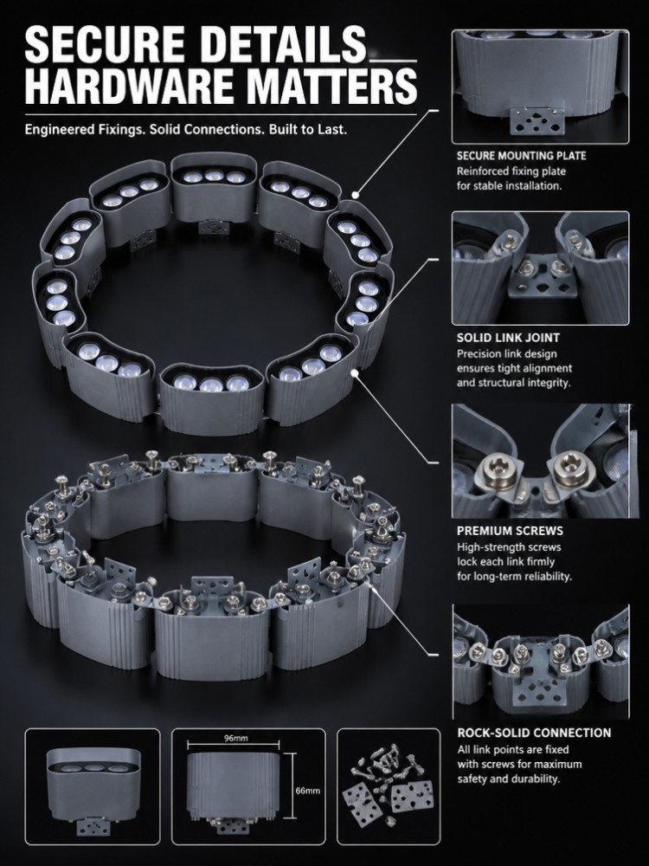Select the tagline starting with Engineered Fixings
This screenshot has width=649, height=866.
[186, 130]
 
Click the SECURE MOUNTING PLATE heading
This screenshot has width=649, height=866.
[521, 156]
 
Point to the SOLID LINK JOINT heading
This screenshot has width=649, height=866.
[508, 338]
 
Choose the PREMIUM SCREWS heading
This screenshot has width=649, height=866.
[510, 531]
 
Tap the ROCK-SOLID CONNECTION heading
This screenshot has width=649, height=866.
[534, 733]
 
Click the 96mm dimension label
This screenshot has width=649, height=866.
[235, 738]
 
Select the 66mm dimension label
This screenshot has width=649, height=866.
[307, 791]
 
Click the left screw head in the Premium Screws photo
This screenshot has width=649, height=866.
[497, 470]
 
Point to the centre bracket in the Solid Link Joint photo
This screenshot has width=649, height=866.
[540, 276]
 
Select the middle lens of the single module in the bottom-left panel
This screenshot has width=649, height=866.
[93, 768]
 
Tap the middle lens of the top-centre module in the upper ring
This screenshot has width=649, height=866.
[214, 176]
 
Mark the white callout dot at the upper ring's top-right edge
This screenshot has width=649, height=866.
[356, 194]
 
